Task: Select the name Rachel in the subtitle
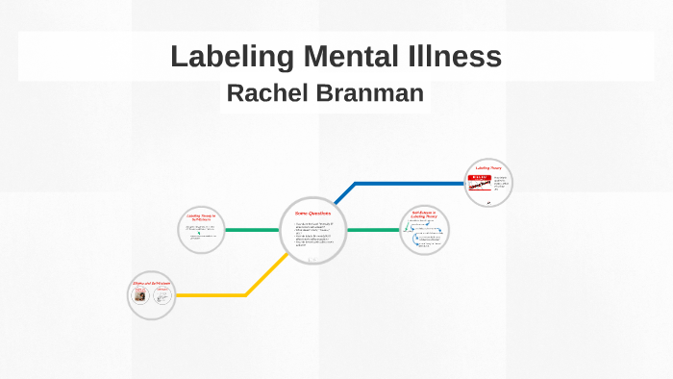click(266, 93)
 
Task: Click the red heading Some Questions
click(312, 214)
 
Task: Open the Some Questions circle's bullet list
click(312, 236)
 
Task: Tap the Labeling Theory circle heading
click(488, 168)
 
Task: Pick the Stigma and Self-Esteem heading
click(152, 284)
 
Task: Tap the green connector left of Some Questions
click(252, 230)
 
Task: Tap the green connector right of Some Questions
click(372, 230)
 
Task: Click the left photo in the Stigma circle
click(140, 298)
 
